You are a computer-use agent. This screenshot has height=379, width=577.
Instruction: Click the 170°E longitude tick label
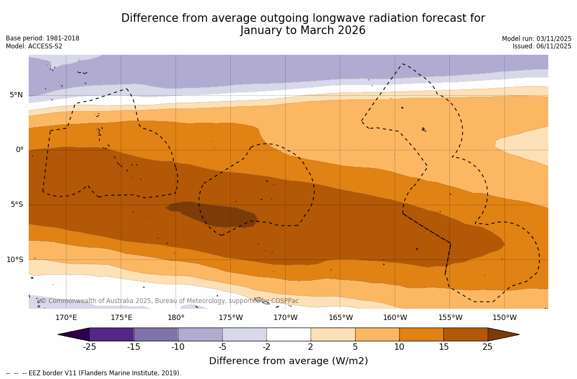(x=66, y=318)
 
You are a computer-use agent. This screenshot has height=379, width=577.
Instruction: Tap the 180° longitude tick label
(x=176, y=318)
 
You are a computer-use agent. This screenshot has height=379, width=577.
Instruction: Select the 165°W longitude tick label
(x=340, y=318)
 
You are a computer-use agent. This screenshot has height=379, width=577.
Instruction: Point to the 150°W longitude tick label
(x=504, y=318)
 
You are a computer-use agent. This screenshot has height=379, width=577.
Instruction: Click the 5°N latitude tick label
(x=16, y=95)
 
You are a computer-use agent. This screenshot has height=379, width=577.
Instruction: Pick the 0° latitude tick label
(x=19, y=150)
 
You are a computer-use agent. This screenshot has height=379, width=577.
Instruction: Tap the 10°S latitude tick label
(x=14, y=260)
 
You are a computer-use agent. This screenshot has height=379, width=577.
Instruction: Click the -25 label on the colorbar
(x=89, y=347)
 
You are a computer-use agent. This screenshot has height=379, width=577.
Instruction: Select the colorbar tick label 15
(x=443, y=347)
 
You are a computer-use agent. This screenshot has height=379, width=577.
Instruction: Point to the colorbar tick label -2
(x=266, y=347)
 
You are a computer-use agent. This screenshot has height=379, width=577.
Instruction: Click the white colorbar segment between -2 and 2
(x=288, y=334)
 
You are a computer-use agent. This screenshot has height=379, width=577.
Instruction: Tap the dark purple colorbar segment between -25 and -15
(x=112, y=334)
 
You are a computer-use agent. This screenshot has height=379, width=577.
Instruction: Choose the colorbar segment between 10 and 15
(x=421, y=334)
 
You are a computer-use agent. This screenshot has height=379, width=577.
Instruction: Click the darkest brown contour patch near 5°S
(x=213, y=214)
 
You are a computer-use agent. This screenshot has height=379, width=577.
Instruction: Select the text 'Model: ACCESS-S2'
(x=34, y=47)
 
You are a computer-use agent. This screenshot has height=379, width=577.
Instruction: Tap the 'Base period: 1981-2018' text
(x=43, y=38)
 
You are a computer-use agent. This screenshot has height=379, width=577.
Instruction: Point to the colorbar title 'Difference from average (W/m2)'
(x=288, y=361)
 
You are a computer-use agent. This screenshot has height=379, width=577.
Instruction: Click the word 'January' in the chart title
(x=262, y=31)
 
